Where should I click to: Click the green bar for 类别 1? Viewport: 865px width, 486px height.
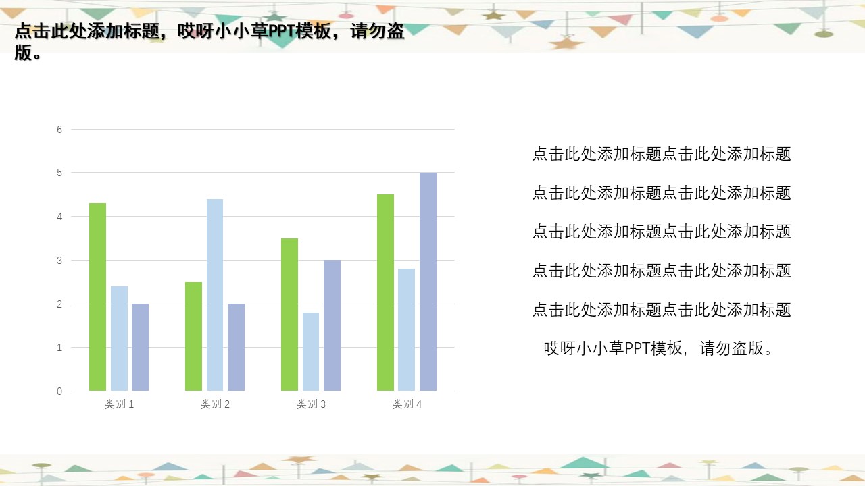coord(97,297)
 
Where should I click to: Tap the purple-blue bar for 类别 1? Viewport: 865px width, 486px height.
coord(140,348)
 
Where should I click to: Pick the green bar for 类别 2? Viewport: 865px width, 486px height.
coord(193,336)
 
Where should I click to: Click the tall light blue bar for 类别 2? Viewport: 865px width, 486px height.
coord(215,295)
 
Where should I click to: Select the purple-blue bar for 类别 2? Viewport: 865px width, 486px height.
coord(236,348)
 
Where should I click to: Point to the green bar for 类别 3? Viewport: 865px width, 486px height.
coord(289,315)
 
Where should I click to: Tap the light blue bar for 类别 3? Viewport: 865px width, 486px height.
coord(311,352)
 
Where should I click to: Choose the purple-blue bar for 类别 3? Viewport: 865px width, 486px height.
coord(332,325)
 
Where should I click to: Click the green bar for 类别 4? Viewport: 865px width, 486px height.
coord(385,293)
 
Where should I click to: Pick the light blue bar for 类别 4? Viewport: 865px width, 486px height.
coord(406,330)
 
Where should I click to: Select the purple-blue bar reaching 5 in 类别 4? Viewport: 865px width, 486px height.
coord(428,282)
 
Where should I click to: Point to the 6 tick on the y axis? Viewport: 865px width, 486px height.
coord(59,130)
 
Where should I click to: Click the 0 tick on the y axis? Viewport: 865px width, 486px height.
coord(59,391)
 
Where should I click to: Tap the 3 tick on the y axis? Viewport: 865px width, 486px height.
coord(59,261)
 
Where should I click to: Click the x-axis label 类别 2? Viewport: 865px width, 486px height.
coord(215,404)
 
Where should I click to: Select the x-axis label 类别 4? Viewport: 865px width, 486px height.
coord(407,404)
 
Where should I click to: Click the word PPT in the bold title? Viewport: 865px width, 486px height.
coord(280,32)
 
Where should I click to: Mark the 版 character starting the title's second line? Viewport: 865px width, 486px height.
coord(23,53)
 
